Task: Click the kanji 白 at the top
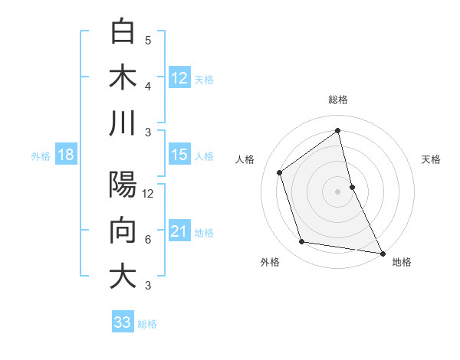click(123, 33)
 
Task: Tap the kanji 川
click(123, 124)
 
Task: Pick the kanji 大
click(123, 277)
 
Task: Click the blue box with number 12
click(179, 77)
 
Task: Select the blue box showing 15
click(179, 155)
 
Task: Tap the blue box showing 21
click(179, 231)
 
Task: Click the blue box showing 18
click(65, 155)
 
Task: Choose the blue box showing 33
click(123, 322)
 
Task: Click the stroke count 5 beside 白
click(148, 41)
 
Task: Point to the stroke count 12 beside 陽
click(148, 194)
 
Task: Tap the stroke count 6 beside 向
click(148, 240)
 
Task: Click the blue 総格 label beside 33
click(147, 324)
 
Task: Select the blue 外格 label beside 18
click(41, 156)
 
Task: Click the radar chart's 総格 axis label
click(338, 100)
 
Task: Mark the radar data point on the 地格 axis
click(382, 252)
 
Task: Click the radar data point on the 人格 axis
click(280, 173)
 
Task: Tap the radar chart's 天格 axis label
click(432, 159)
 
